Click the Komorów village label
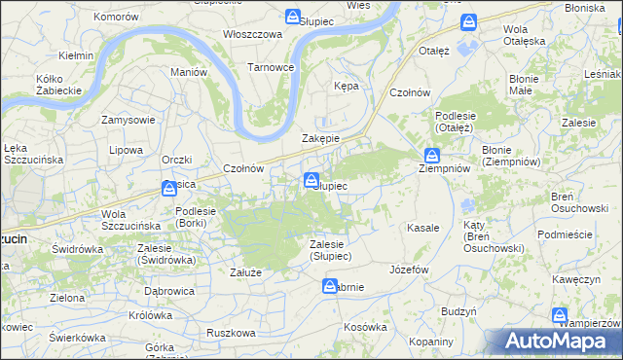click(x=117, y=18)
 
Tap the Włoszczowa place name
click(x=252, y=33)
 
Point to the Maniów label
click(x=189, y=72)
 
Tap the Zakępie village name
click(x=320, y=138)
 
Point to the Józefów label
click(x=409, y=269)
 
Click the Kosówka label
click(x=365, y=327)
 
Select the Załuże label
click(x=245, y=272)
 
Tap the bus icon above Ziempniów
click(x=431, y=155)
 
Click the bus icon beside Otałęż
click(x=469, y=21)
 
